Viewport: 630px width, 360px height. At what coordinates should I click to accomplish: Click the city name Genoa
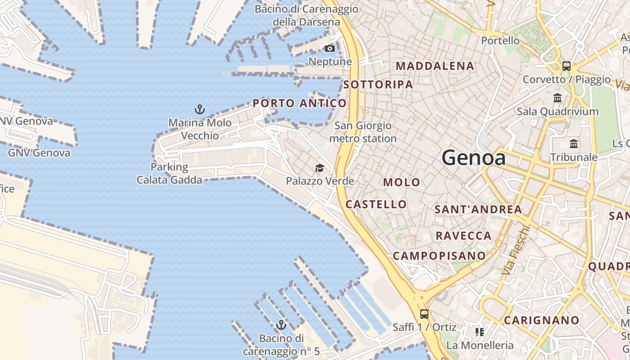pyautogui.click(x=473, y=157)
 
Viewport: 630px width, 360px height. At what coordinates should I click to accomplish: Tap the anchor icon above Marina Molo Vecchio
pyautogui.click(x=199, y=109)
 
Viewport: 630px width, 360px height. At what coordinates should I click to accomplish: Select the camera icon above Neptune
pyautogui.click(x=330, y=48)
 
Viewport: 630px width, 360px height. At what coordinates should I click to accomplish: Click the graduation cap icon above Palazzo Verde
pyautogui.click(x=319, y=168)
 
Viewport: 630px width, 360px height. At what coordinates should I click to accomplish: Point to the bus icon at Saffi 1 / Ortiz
pyautogui.click(x=424, y=314)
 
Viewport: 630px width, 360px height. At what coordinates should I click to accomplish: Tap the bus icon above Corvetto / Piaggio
pyautogui.click(x=567, y=66)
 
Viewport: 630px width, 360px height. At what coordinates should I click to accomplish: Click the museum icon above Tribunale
pyautogui.click(x=574, y=144)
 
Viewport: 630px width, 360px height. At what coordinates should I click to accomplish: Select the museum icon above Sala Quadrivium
pyautogui.click(x=558, y=98)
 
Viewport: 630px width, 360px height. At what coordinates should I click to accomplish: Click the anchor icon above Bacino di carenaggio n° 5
pyautogui.click(x=281, y=324)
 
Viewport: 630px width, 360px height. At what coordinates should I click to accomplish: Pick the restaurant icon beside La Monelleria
pyautogui.click(x=480, y=332)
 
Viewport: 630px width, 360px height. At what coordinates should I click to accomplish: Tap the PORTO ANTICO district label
pyautogui.click(x=300, y=103)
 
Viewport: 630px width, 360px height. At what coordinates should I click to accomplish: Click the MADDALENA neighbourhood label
pyautogui.click(x=435, y=66)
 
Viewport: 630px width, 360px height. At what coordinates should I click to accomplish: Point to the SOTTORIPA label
pyautogui.click(x=378, y=85)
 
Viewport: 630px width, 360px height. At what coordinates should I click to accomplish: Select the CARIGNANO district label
pyautogui.click(x=541, y=320)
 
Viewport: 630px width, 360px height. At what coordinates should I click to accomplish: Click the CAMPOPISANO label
pyautogui.click(x=439, y=256)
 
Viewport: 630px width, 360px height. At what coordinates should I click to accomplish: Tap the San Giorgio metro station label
pyautogui.click(x=363, y=132)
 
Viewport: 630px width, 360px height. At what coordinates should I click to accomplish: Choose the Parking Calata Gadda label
pyautogui.click(x=169, y=173)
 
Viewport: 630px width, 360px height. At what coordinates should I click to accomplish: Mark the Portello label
pyautogui.click(x=500, y=40)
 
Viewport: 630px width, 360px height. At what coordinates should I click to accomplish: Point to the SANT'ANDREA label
pyautogui.click(x=478, y=209)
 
